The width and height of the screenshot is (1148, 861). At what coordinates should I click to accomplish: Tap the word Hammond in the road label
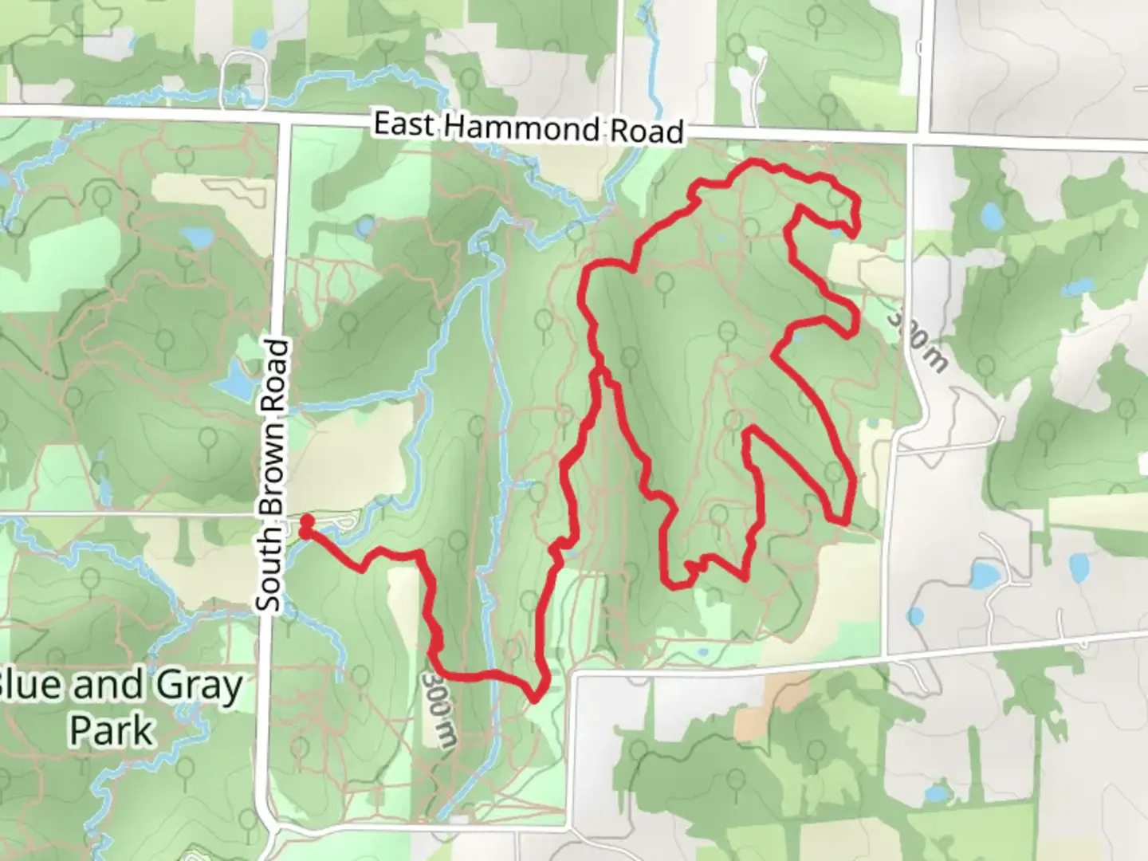pyautogui.click(x=521, y=128)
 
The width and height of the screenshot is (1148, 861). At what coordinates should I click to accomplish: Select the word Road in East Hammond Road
pyautogui.click(x=647, y=131)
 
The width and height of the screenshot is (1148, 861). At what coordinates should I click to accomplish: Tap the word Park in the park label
pyautogui.click(x=112, y=731)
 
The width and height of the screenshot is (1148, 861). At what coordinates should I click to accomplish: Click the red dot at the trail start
pyautogui.click(x=306, y=522)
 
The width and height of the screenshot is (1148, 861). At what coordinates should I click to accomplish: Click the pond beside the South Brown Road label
pyautogui.click(x=233, y=383)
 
